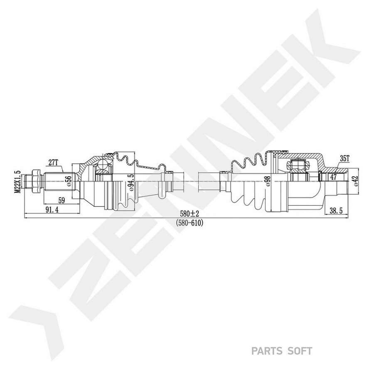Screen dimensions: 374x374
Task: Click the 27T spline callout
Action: (x=53, y=162)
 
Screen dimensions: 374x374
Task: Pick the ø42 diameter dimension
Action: (x=355, y=181)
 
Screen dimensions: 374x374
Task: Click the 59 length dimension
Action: (x=62, y=201)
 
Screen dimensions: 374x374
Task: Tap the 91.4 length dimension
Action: (x=52, y=210)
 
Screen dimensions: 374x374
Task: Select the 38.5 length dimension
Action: (x=336, y=210)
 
